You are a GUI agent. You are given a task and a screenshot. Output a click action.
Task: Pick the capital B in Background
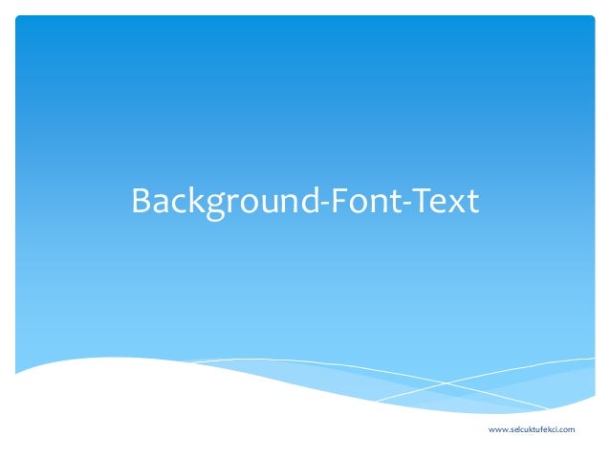pos(141,202)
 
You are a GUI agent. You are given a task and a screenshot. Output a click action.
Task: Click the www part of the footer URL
pos(497,430)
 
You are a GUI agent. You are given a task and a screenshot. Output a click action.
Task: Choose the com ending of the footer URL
pos(568,430)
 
